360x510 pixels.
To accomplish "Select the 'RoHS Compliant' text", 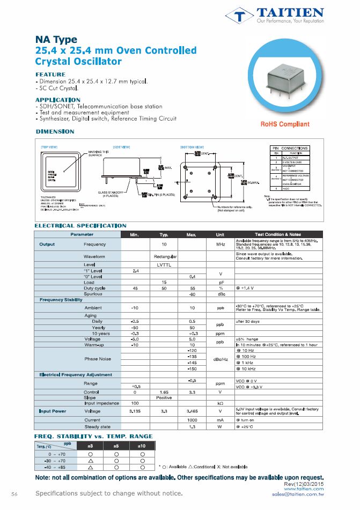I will point(285,124).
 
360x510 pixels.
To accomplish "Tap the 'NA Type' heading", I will point(56,40).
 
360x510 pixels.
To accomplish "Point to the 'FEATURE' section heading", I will point(50,74).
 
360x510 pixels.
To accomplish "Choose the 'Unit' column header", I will point(220,234).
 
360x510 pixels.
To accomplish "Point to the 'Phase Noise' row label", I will point(98,358).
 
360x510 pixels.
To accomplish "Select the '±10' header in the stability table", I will point(142,446).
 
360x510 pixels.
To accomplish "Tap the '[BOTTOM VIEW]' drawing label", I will point(192,147).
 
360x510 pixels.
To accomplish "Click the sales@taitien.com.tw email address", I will point(298,493).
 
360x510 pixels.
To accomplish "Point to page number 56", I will point(14,493).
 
